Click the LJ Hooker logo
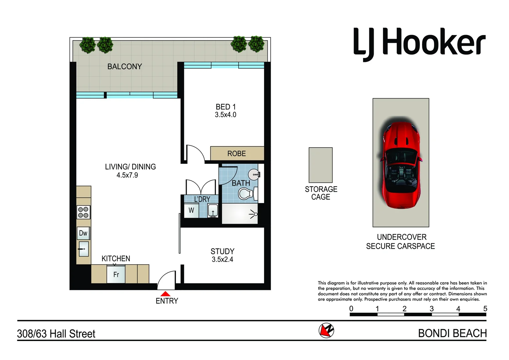click(x=419, y=43)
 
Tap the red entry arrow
click(x=165, y=294)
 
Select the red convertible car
click(x=400, y=165)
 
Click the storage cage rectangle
click(x=320, y=165)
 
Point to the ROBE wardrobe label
click(x=237, y=154)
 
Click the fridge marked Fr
click(x=116, y=274)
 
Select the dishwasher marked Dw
click(x=83, y=233)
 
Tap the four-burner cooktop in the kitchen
click(x=83, y=212)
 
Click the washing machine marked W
click(x=191, y=211)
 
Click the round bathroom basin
click(x=254, y=174)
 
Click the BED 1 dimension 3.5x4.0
click(x=226, y=115)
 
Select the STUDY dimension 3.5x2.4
click(x=222, y=260)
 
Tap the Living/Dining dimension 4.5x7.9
click(x=127, y=175)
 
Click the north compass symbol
click(x=326, y=331)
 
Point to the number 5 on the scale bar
click(x=485, y=309)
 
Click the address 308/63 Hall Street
click(x=56, y=334)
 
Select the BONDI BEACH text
click(x=452, y=333)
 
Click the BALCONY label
click(x=125, y=67)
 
